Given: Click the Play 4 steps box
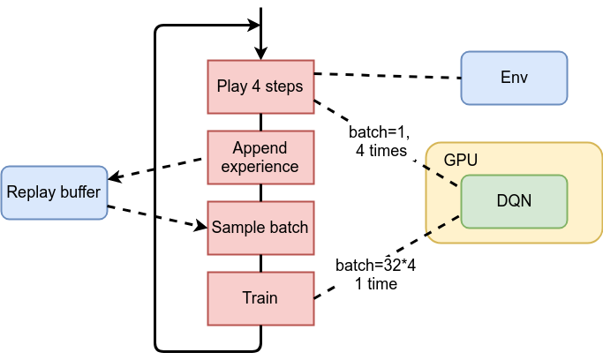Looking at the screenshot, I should pos(260,86).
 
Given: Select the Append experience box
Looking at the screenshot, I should pos(260,156).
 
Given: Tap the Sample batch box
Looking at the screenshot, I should pos(260,227).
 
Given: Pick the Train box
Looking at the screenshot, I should pos(260,297).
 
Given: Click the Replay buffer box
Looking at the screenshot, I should pos(54,191).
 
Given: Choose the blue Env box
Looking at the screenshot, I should pos(514,78).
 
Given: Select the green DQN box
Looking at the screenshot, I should pos(514,201).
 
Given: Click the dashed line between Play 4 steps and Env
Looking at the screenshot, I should pos(388,75).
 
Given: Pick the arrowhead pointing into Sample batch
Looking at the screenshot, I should pos(201,227).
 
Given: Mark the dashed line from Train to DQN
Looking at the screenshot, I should pos(388,256).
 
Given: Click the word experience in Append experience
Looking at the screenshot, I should pos(260,165).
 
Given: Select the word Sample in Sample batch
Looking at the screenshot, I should pos(237,227).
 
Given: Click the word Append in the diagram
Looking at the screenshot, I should pos(260,147).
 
